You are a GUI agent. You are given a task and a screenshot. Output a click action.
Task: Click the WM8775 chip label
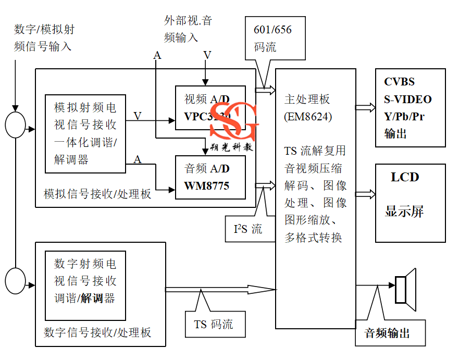click(x=206, y=186)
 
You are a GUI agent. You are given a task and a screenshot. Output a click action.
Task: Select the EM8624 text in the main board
click(x=308, y=116)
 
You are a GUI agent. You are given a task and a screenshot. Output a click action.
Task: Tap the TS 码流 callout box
click(x=214, y=325)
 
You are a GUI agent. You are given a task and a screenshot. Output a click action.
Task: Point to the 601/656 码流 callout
click(x=272, y=38)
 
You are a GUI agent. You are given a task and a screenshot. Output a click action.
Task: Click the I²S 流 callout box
click(x=248, y=229)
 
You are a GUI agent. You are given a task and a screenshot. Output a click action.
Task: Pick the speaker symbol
click(x=405, y=289)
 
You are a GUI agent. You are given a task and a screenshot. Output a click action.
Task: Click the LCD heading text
click(x=405, y=177)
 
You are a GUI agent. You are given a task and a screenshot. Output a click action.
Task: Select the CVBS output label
click(x=399, y=82)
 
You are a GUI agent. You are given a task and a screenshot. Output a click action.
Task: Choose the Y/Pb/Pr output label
click(x=404, y=116)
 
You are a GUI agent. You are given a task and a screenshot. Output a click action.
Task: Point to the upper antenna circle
click(x=16, y=125)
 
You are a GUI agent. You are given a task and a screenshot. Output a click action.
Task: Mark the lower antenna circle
click(x=16, y=280)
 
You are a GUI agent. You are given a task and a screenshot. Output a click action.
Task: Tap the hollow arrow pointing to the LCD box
click(x=365, y=194)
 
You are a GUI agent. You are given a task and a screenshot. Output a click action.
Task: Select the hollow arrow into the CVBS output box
click(x=365, y=107)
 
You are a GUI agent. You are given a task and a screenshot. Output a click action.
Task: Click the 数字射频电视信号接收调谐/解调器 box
click(x=85, y=285)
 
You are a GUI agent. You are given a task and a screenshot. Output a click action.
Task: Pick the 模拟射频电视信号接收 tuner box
click(x=85, y=133)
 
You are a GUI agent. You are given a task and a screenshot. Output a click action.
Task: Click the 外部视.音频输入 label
click(x=188, y=29)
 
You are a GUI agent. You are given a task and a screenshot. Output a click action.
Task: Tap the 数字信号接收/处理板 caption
click(x=97, y=332)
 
